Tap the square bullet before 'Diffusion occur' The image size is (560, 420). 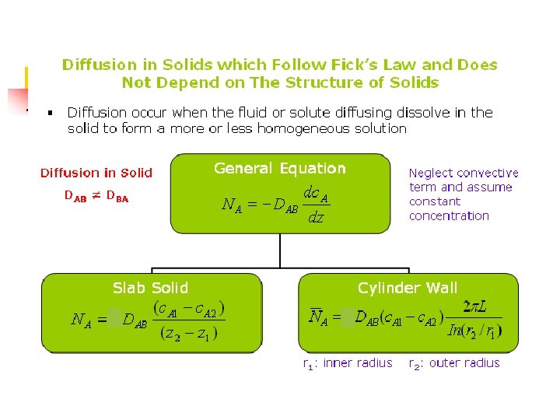pyautogui.click(x=49, y=114)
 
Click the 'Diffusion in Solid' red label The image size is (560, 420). pyautogui.click(x=96, y=173)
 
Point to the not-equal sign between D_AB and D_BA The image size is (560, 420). pyautogui.click(x=96, y=197)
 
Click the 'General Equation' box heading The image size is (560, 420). pyautogui.click(x=280, y=168)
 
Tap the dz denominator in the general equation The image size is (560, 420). pyautogui.click(x=316, y=219)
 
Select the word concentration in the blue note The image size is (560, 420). pyautogui.click(x=449, y=215)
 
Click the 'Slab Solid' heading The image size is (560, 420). pyautogui.click(x=150, y=288)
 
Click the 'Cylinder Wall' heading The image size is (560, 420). pyautogui.click(x=408, y=288)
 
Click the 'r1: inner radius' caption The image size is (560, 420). pyautogui.click(x=347, y=363)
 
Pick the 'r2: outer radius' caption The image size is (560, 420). pyautogui.click(x=454, y=363)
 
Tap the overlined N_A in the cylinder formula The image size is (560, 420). pyautogui.click(x=318, y=317)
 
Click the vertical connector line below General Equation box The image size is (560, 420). pyautogui.click(x=280, y=253)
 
